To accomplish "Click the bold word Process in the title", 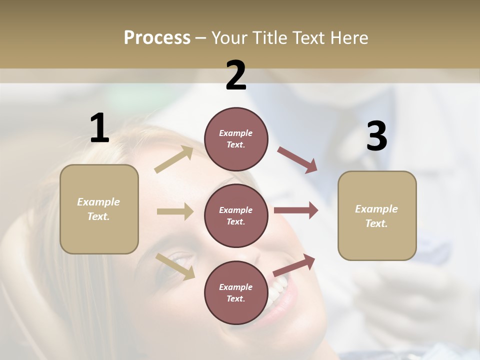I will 157,37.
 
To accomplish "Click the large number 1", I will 99,128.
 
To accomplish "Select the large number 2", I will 236,75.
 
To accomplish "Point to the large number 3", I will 376,136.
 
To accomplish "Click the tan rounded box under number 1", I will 99,209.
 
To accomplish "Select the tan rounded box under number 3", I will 377,216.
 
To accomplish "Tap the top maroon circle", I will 236,139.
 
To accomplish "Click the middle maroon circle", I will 236,215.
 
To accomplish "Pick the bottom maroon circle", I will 236,292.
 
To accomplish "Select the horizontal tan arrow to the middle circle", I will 175,211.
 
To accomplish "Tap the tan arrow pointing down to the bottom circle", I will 175,266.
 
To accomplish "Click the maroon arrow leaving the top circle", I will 297,159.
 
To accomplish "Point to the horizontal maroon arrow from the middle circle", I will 296,210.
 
